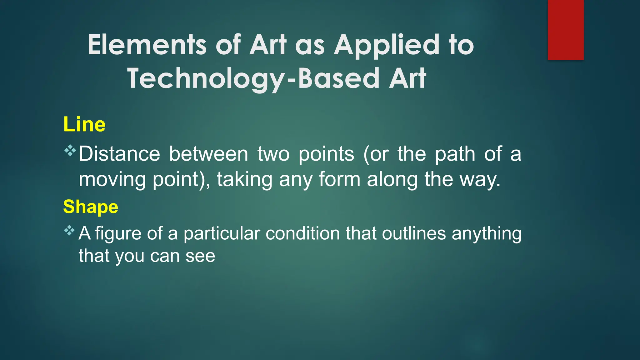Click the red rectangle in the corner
pos(566,30)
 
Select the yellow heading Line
pos(84,124)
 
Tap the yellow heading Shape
pos(91,207)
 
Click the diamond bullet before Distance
pos(70,151)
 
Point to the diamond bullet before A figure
pos(69,231)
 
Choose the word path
pos(455,154)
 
